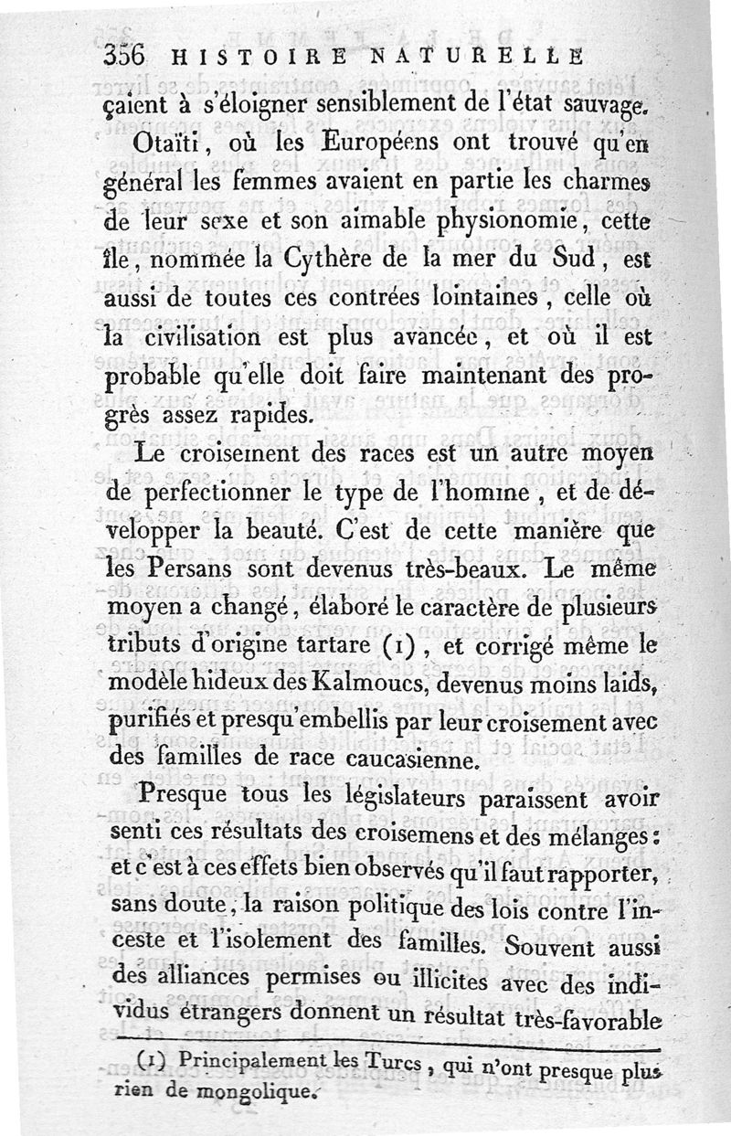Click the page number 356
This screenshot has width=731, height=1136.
click(x=123, y=54)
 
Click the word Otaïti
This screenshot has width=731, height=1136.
click(x=168, y=145)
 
